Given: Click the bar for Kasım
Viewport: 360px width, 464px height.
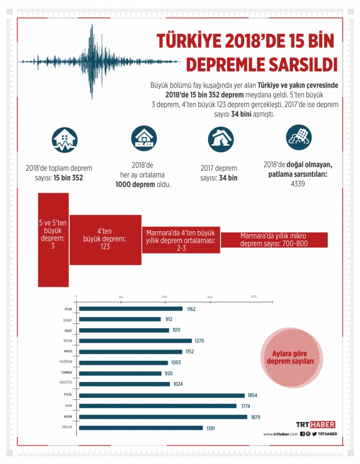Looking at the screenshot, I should (163, 416).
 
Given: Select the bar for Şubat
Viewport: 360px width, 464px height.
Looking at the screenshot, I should (120, 319).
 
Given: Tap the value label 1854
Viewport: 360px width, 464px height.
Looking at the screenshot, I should (253, 395).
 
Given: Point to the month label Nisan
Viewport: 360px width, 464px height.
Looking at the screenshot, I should (68, 341).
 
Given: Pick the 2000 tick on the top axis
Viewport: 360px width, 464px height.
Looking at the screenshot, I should (254, 297).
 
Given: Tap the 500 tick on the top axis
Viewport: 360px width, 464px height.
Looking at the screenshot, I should (121, 297).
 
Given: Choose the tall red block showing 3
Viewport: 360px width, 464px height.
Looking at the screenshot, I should (53, 239).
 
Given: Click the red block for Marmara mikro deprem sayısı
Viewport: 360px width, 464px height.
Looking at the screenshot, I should (274, 239).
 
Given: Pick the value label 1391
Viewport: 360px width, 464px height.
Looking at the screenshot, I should (210, 428).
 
